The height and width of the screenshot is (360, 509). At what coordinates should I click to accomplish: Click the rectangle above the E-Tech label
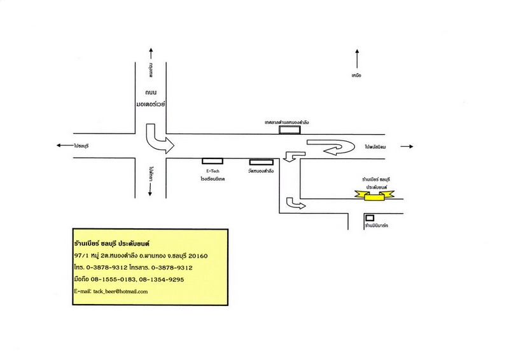tap(212, 162)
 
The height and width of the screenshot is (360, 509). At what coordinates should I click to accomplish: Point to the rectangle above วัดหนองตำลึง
tap(261, 162)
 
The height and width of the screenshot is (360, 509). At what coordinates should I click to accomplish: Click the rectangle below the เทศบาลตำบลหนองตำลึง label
tap(291, 130)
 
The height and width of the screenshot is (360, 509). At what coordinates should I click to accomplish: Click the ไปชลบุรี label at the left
tap(81, 146)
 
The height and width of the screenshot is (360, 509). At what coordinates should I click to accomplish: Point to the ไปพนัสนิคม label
tap(377, 146)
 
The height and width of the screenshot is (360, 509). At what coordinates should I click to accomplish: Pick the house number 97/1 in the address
tap(81, 256)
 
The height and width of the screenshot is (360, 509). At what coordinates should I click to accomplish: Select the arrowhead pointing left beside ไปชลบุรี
tap(59, 146)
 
